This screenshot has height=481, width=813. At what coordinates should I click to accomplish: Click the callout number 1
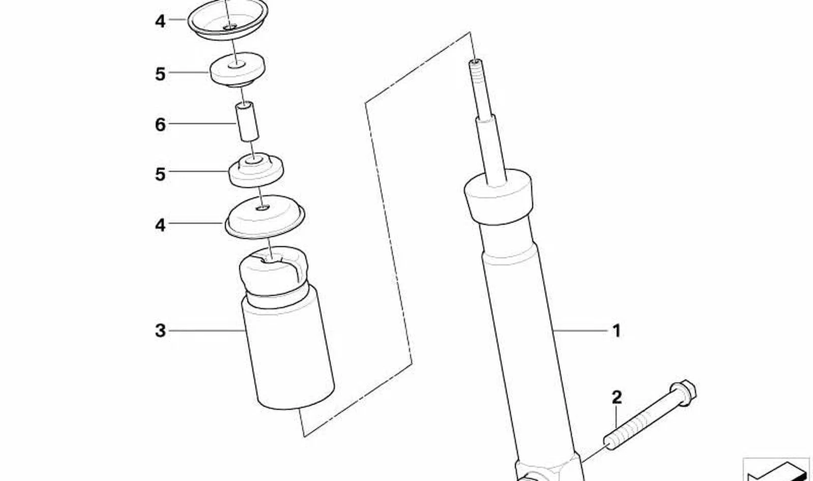pyautogui.click(x=617, y=331)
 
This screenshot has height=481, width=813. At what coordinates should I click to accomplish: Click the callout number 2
pyautogui.click(x=617, y=398)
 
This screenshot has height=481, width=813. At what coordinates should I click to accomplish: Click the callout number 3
pyautogui.click(x=160, y=331)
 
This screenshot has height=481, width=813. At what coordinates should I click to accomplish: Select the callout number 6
pyautogui.click(x=160, y=125)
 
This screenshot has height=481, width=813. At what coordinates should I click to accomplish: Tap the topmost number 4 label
pyautogui.click(x=160, y=21)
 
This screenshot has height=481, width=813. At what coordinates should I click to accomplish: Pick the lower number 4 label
pyautogui.click(x=160, y=225)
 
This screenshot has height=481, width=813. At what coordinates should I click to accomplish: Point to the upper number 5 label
pyautogui.click(x=160, y=74)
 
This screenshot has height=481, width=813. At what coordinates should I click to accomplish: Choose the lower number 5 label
pyautogui.click(x=160, y=174)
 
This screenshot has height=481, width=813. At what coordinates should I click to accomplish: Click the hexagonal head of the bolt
pyautogui.click(x=682, y=393)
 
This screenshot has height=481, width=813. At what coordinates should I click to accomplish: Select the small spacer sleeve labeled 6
pyautogui.click(x=248, y=122)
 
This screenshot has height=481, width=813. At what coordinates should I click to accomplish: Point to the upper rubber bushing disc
pyautogui.click(x=238, y=70)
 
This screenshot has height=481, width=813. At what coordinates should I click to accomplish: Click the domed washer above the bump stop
pyautogui.click(x=265, y=217)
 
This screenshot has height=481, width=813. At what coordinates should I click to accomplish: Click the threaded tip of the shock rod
pyautogui.click(x=479, y=87)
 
